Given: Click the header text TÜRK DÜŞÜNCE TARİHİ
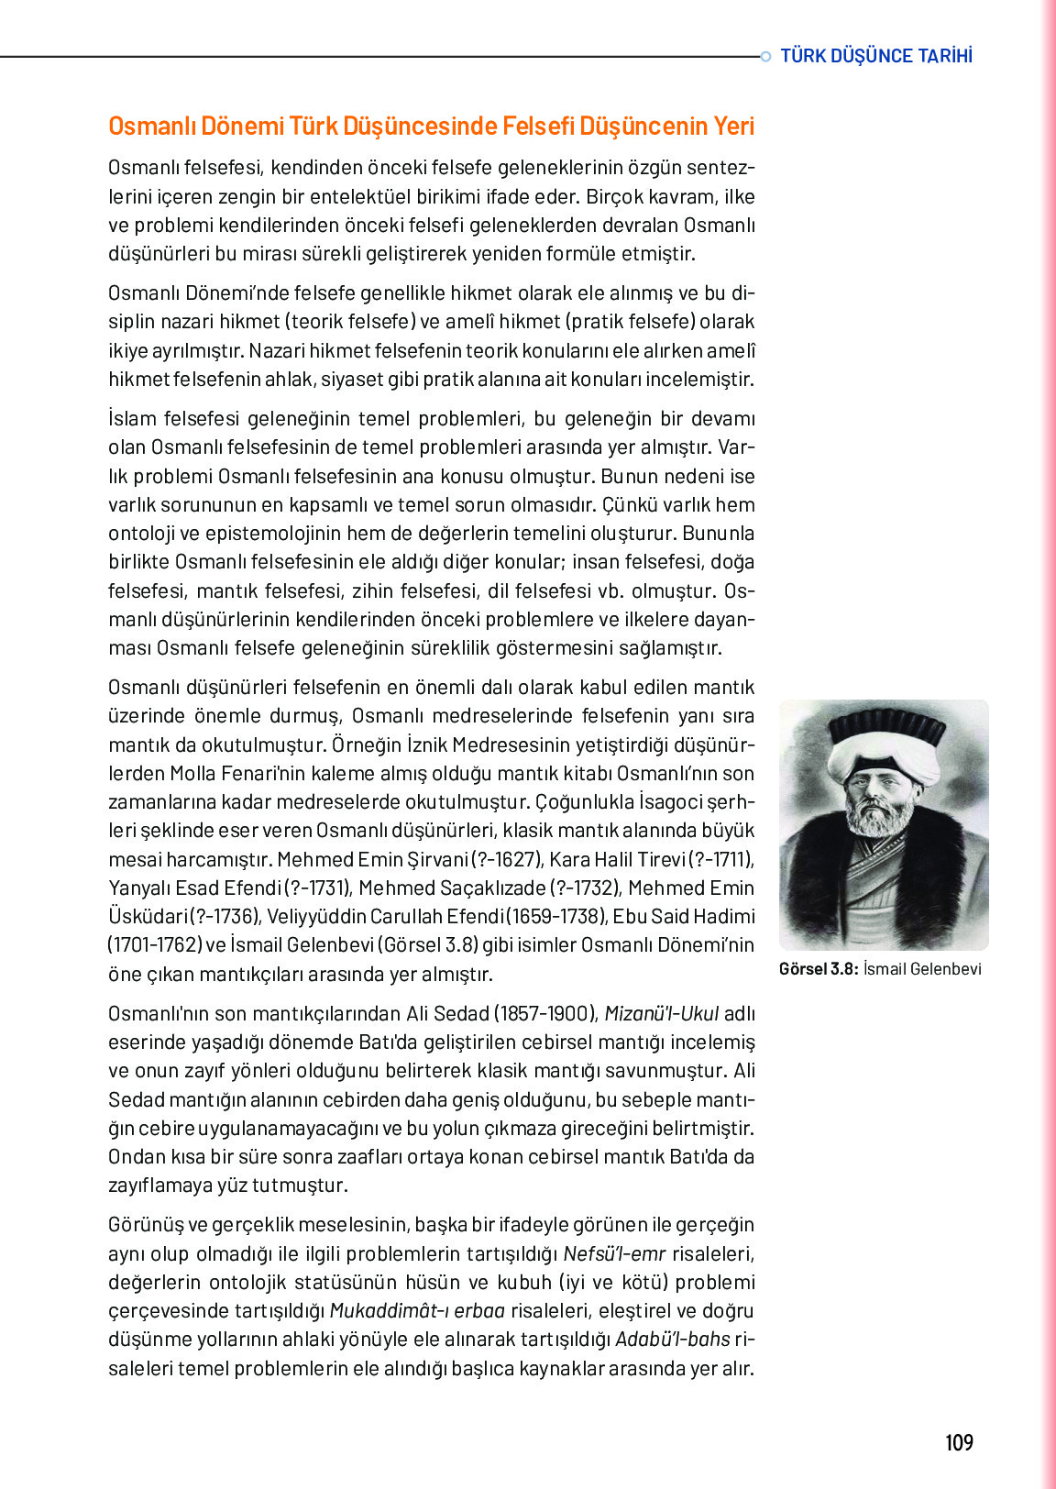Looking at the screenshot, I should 875,56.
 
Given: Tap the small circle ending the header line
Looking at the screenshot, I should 765,57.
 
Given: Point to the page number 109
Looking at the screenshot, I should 959,1443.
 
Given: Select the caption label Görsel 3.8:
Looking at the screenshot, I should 818,969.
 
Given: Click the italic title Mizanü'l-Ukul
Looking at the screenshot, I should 661,1014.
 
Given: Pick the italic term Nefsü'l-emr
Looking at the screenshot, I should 614,1254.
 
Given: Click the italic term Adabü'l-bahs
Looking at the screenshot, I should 673,1340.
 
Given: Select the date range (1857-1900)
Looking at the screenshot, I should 545,1014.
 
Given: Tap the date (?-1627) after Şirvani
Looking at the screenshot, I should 508,860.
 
